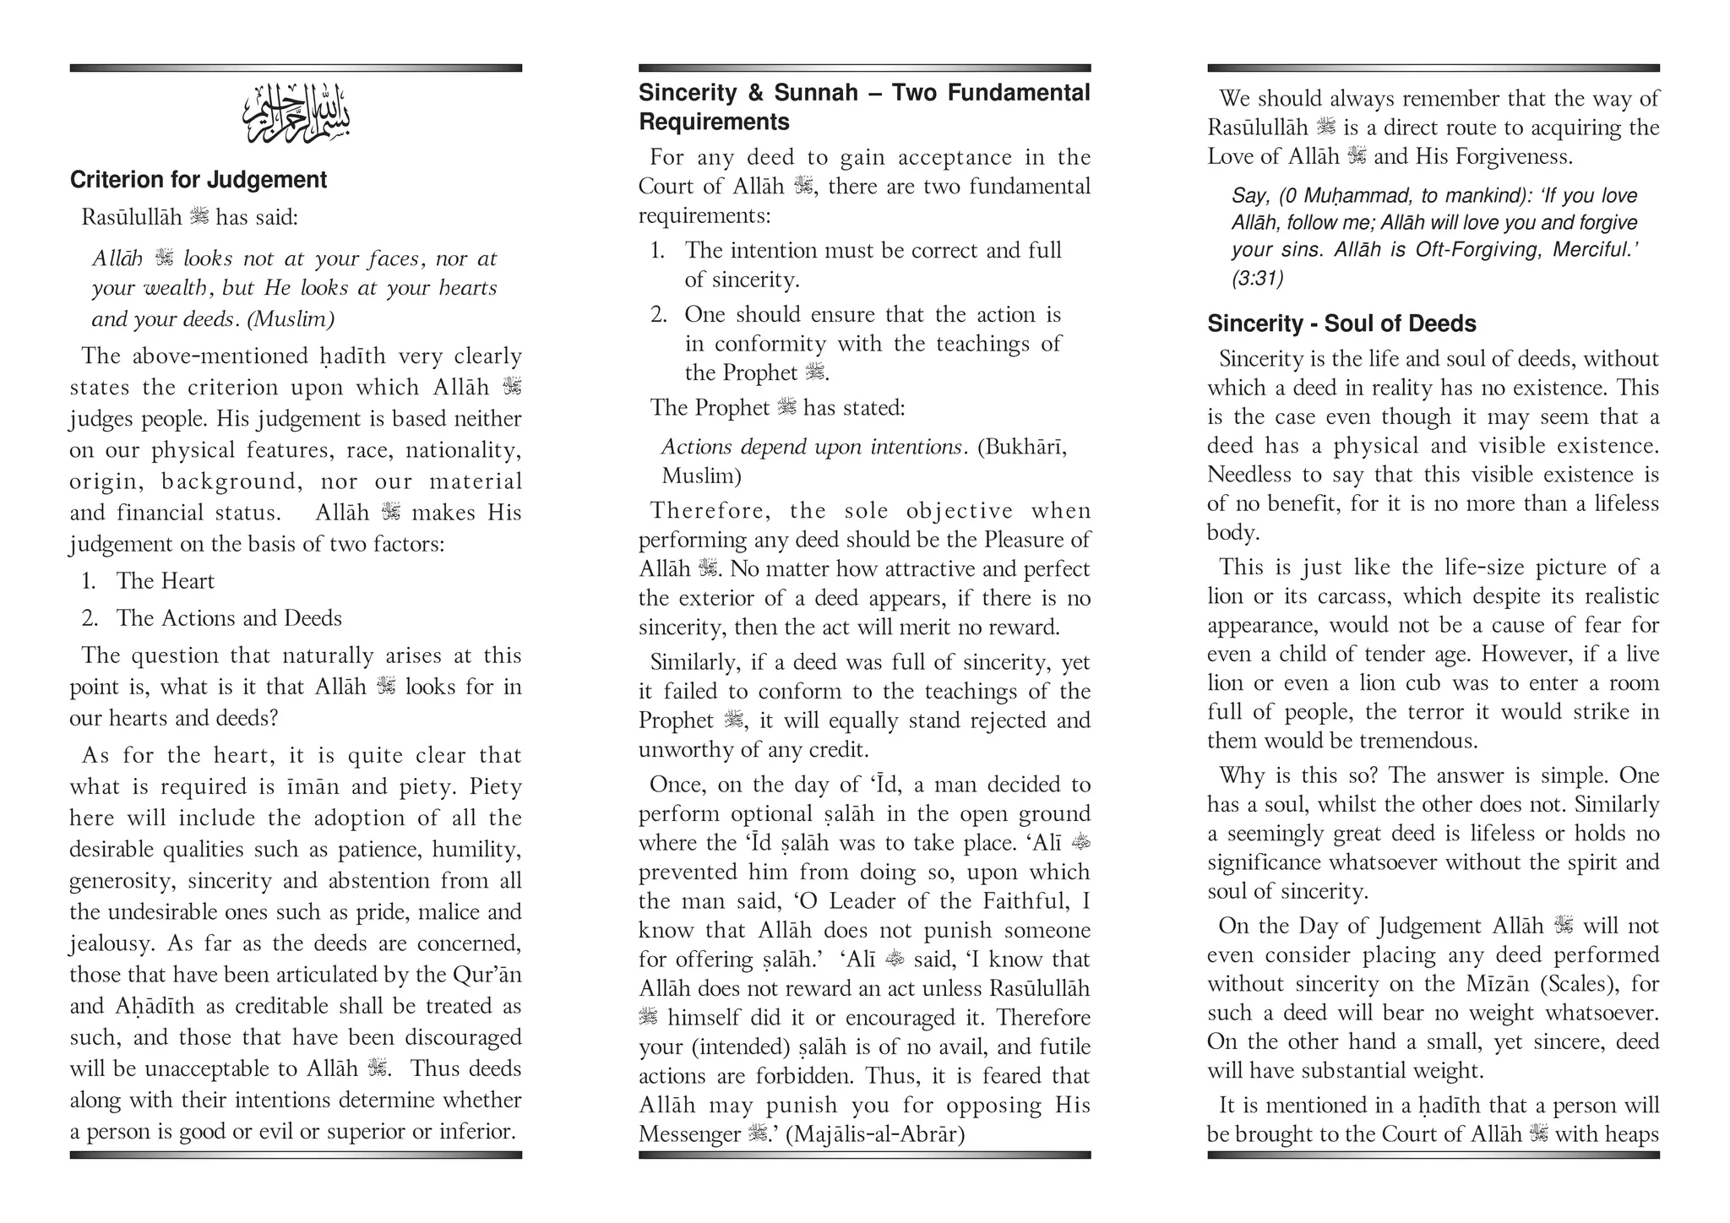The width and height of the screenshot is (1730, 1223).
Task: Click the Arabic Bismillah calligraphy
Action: [296, 114]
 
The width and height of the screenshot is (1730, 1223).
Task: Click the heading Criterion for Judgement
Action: [198, 180]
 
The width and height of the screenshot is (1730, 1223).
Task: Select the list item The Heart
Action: [165, 581]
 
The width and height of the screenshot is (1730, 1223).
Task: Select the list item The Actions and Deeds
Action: [228, 618]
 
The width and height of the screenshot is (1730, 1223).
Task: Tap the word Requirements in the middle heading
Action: [714, 122]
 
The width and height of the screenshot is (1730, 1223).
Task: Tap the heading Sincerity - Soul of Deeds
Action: [1341, 323]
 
